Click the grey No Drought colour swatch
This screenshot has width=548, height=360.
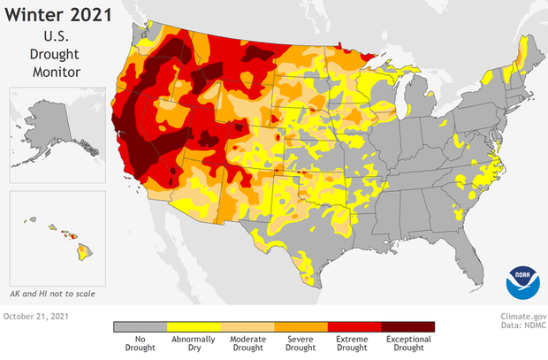coord(140,326)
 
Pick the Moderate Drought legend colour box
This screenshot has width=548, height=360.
coord(247,326)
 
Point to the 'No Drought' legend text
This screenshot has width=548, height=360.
coord(140,343)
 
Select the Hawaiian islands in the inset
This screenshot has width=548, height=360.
coord(66,237)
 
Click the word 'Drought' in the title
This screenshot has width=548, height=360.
coord(60,53)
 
